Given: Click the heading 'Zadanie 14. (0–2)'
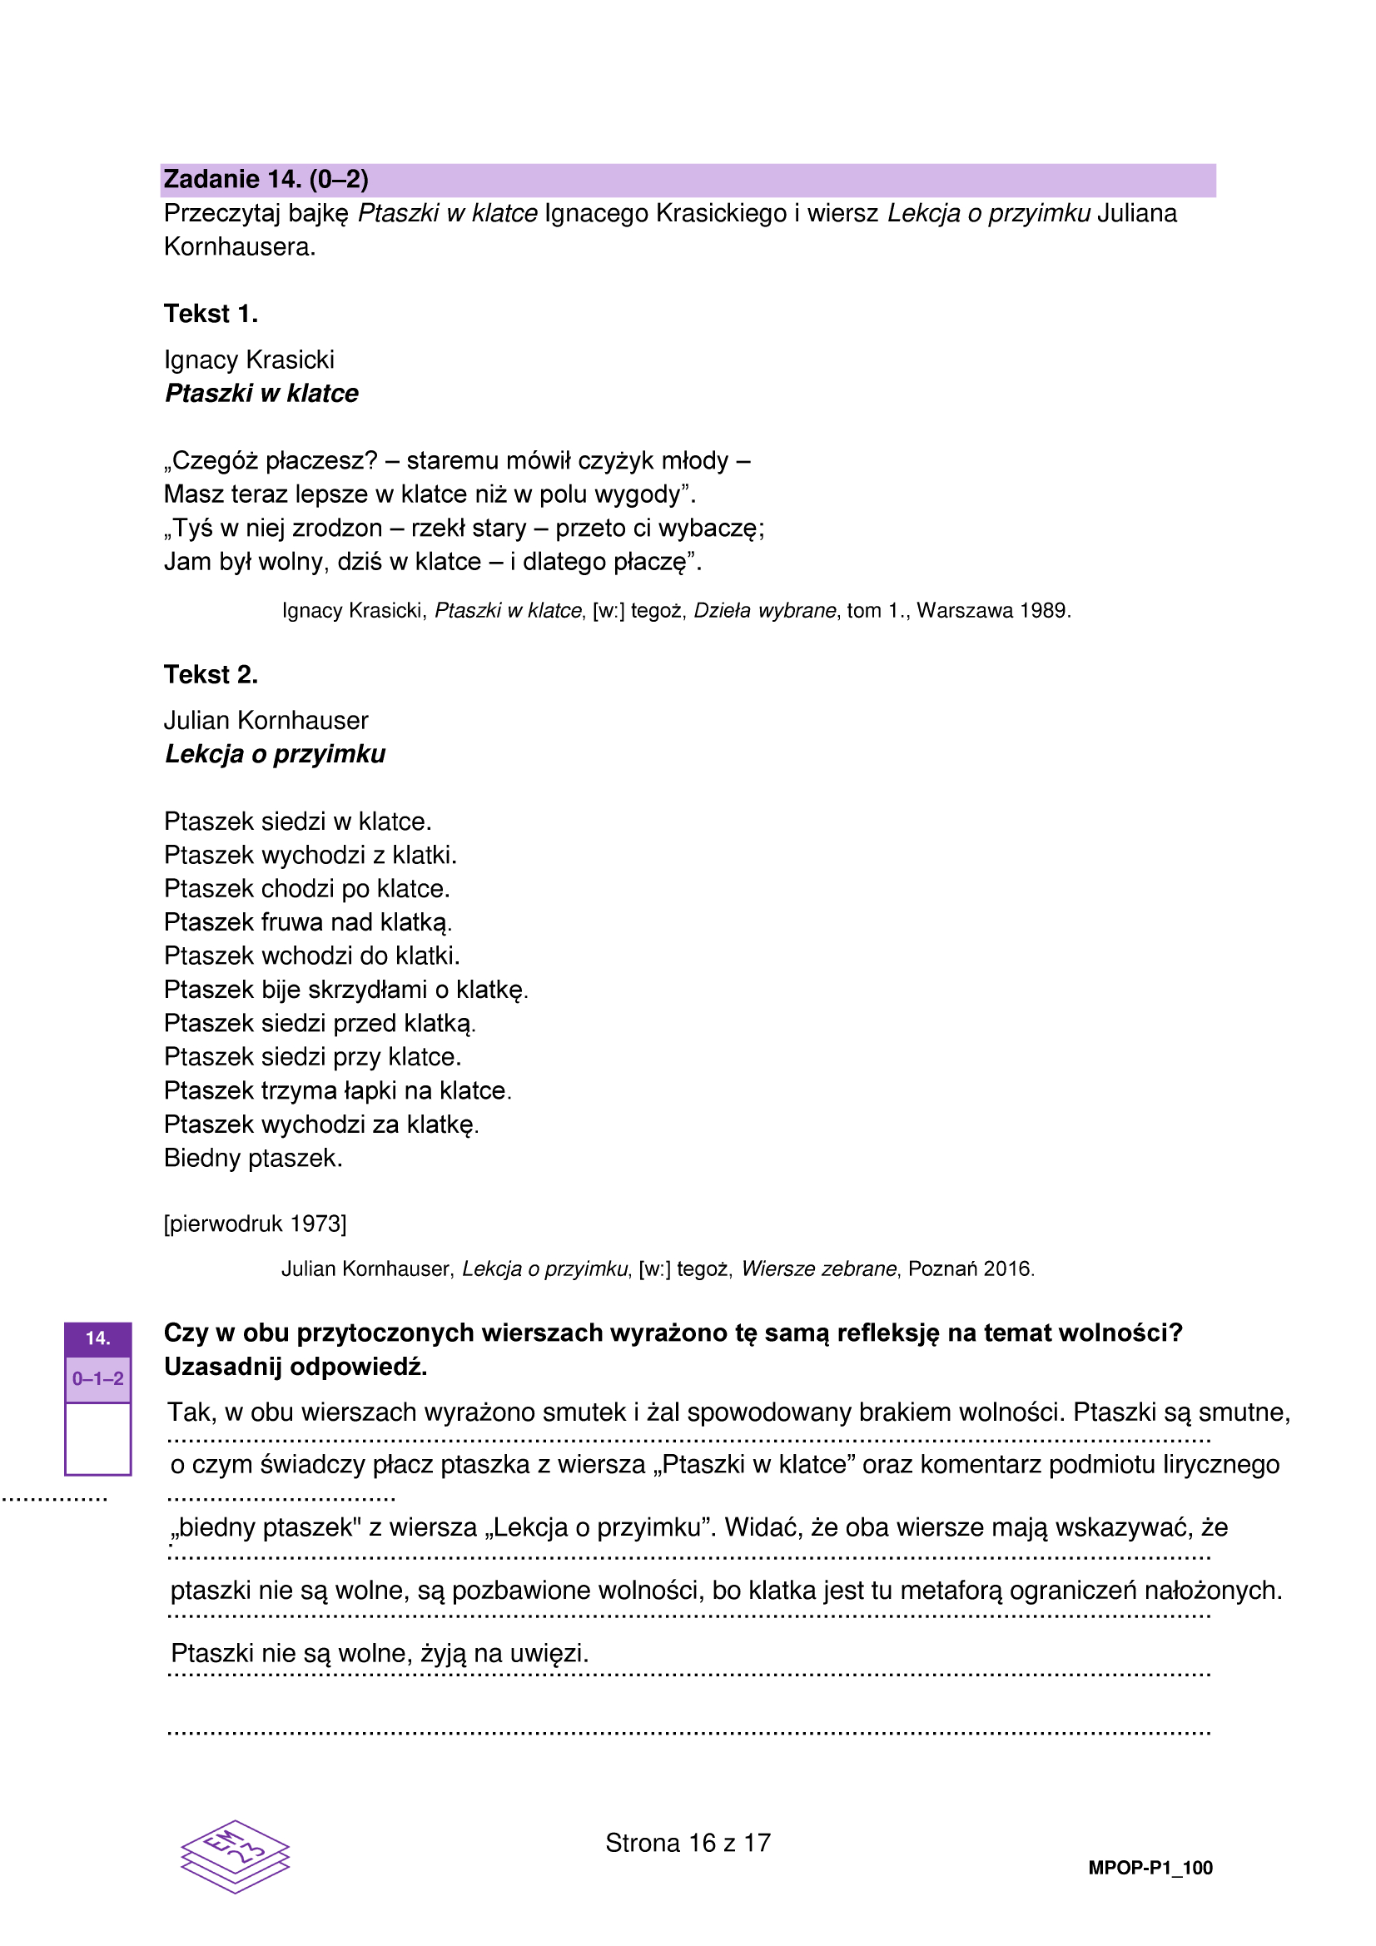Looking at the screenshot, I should (266, 180).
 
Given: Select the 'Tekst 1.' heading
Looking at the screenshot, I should (211, 314).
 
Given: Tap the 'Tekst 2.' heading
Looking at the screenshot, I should (211, 675).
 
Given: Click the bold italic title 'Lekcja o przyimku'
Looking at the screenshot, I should (275, 753).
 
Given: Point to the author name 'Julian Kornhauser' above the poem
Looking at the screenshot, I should (266, 721).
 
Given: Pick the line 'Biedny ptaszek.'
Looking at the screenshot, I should (254, 1158).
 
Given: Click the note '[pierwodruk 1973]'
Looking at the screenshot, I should (256, 1224).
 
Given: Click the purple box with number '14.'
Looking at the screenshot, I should (98, 1339).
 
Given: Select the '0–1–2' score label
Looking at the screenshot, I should (98, 1379).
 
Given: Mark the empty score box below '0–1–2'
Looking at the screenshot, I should (98, 1438).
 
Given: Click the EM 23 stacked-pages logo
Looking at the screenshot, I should (236, 1856).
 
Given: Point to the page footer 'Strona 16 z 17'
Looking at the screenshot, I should (688, 1844).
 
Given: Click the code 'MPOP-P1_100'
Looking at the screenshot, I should (1150, 1868).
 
